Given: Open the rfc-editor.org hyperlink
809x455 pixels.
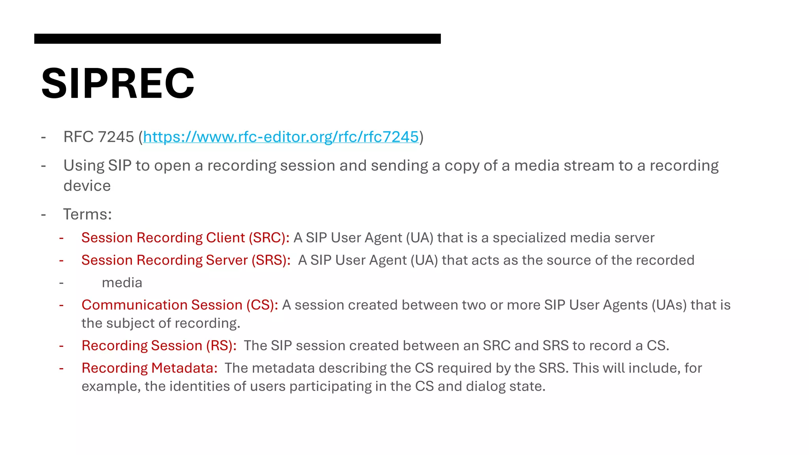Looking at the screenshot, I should click(x=280, y=137).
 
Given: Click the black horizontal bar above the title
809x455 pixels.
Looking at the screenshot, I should click(x=237, y=39).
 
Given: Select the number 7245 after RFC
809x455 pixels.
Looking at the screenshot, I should click(x=116, y=137).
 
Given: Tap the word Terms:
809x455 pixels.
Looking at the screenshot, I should click(x=87, y=214).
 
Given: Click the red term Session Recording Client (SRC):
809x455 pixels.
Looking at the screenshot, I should click(x=185, y=238).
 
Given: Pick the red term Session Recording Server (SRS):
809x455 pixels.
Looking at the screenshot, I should click(x=186, y=260).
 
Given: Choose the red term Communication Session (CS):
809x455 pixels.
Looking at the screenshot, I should click(x=180, y=305).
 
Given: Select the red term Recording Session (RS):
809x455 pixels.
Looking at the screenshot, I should click(x=159, y=346).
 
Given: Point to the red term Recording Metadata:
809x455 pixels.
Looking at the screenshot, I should click(x=149, y=368).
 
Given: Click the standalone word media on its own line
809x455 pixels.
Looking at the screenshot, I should click(x=122, y=283).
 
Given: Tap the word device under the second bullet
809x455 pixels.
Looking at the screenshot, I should click(x=87, y=186).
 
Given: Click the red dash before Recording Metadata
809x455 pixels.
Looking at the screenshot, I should click(x=61, y=368).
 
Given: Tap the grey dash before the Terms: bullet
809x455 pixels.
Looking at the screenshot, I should click(x=43, y=214).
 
